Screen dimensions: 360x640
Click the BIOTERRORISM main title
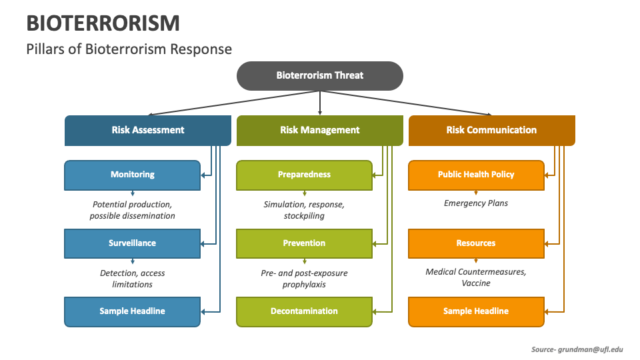pos(103,23)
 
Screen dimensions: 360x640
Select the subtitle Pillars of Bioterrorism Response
pos(129,49)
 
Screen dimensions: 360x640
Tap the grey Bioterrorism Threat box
pos(320,75)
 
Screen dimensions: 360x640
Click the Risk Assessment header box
pos(147,130)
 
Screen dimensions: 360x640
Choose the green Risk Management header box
pos(319,130)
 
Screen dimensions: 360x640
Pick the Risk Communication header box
pos(491,130)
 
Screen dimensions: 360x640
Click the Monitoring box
pos(132,175)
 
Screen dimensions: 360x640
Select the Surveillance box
pos(132,243)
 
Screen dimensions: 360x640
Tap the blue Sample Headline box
pos(132,311)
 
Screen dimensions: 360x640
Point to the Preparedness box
pos(304,175)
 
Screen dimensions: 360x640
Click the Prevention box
pos(304,243)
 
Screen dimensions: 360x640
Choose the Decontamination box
pos(304,311)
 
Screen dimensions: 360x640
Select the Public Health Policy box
pos(476,175)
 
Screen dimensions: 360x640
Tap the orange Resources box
pos(476,243)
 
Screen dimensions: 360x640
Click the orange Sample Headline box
pos(476,311)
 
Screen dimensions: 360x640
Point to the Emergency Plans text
pos(476,203)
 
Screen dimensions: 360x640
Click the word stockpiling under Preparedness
pos(304,216)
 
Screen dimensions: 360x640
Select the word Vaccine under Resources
pos(476,283)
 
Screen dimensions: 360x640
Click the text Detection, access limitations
pos(132,279)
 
